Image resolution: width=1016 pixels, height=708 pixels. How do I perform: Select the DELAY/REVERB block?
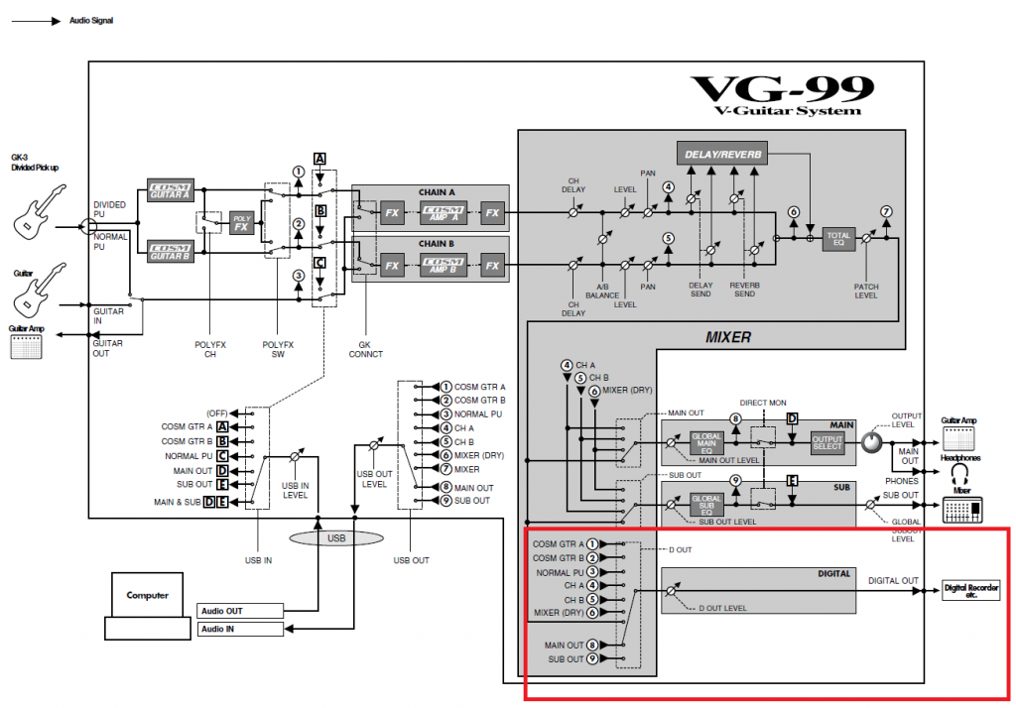724,153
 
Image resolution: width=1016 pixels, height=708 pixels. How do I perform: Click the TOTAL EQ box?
838,239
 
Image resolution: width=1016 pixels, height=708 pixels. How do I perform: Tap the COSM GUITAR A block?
169,189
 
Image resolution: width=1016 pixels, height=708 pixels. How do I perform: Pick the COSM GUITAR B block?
169,251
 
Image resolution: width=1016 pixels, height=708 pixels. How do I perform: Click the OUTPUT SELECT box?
826,442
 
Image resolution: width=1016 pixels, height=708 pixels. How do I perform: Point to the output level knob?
871,442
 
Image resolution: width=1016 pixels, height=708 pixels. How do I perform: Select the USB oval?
335,537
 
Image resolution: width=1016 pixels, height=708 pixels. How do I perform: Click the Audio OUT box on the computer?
241,611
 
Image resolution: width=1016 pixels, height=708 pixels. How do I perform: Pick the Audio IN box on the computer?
241,629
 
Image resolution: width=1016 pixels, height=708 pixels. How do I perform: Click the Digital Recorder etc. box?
971,591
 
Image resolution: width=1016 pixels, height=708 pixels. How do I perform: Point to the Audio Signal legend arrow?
40,20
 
